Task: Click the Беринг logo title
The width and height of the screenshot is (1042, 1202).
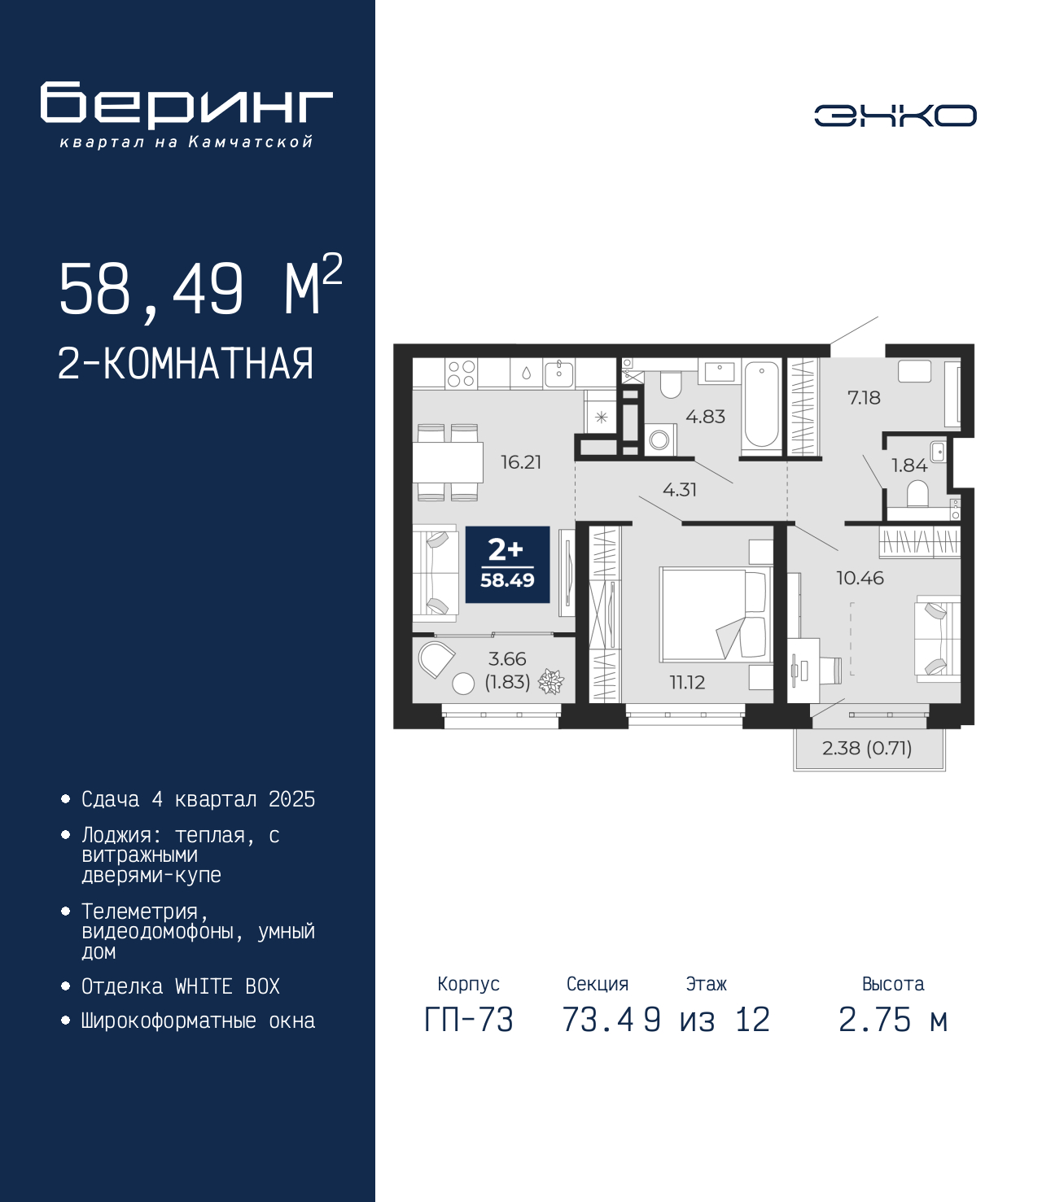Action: click(186, 105)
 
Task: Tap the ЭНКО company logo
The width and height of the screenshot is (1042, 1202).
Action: click(895, 115)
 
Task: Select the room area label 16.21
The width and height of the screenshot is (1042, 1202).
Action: click(521, 462)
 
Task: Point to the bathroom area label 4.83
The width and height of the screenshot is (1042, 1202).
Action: click(705, 417)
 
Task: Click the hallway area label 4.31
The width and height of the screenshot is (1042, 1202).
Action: click(680, 490)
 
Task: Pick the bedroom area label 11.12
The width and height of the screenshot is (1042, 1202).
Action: click(687, 682)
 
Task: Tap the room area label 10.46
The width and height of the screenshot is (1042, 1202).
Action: click(860, 578)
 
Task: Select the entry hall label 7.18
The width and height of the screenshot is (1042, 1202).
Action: click(864, 398)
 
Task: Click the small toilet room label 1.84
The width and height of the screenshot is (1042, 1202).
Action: click(909, 466)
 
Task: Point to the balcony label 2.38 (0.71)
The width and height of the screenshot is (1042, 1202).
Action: click(867, 748)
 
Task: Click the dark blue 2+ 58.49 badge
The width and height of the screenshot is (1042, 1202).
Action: click(507, 565)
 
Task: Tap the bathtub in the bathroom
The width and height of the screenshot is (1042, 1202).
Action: click(761, 405)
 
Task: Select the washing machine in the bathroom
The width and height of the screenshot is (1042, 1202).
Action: click(660, 439)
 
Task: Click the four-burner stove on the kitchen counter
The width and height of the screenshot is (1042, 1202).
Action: click(461, 374)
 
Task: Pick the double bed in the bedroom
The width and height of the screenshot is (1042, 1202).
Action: click(716, 615)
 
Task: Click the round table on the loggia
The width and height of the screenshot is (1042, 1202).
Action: click(463, 684)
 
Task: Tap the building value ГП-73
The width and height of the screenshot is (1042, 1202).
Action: click(469, 1020)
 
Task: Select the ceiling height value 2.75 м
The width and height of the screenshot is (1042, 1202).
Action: click(893, 1020)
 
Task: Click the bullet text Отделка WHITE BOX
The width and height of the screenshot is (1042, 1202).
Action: click(181, 987)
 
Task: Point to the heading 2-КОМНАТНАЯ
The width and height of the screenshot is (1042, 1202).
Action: click(186, 364)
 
